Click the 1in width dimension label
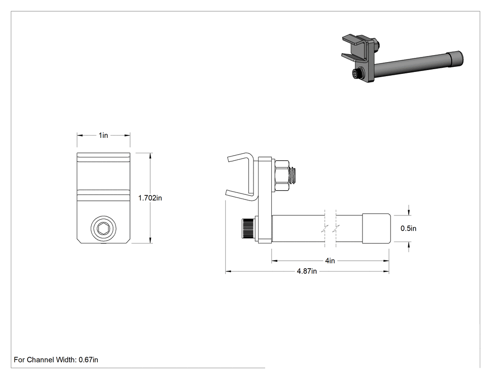point(103,135)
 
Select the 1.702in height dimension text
point(150,198)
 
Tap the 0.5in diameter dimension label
point(408,229)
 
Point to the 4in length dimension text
point(330,261)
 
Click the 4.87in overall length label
point(307,272)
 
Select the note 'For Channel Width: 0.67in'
point(56,360)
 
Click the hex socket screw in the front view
point(103,229)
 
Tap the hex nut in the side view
point(281,176)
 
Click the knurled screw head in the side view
point(248,229)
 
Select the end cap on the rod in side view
point(376,229)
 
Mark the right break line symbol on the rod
point(337,229)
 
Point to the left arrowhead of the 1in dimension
point(80,136)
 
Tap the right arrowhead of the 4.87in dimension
point(386,272)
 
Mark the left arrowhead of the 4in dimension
point(274,261)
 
